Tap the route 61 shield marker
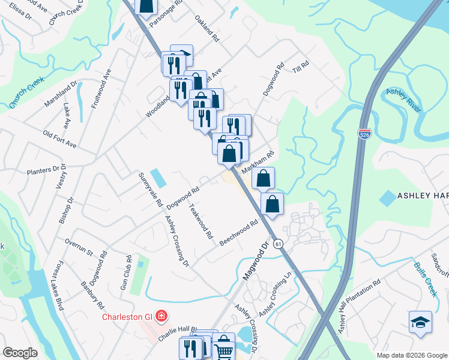point(277,244)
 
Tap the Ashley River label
point(404,100)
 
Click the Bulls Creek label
point(426,279)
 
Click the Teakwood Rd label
point(200,221)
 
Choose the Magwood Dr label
point(254,261)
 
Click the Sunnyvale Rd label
point(150,190)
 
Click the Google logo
point(20,353)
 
